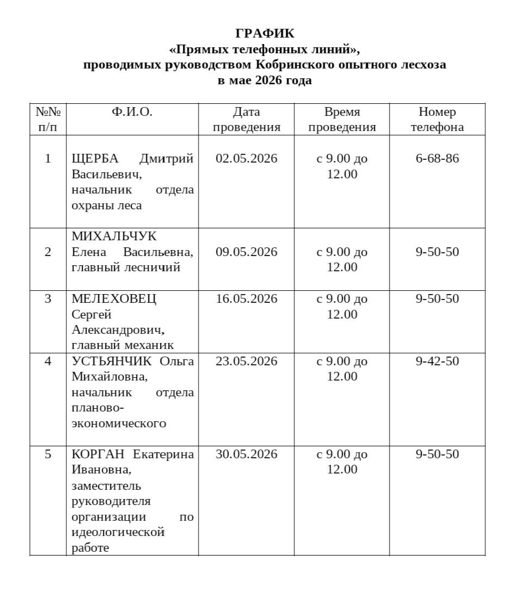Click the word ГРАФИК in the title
click(x=264, y=34)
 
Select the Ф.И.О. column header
click(x=132, y=112)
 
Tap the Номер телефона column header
click(x=437, y=120)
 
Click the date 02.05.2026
click(x=246, y=159)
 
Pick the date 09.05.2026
click(x=246, y=252)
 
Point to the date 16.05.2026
click(x=246, y=299)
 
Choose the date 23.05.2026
click(x=246, y=361)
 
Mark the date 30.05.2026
click(x=246, y=454)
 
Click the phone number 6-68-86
click(x=437, y=159)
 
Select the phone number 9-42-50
click(x=437, y=361)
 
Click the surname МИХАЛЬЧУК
click(x=114, y=237)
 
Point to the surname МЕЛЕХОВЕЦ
click(x=114, y=299)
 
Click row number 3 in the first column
click(x=48, y=299)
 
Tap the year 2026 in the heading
click(x=270, y=81)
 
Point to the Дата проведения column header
click(x=246, y=120)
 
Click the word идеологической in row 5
click(x=118, y=532)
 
